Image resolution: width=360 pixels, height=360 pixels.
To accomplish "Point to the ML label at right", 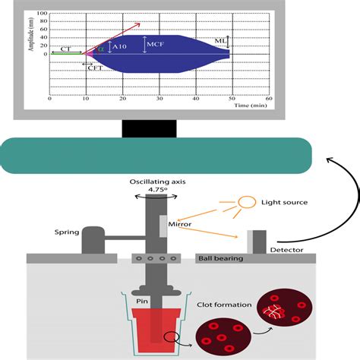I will pos(219,41).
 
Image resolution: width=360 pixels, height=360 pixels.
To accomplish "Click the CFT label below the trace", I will pos(96,67).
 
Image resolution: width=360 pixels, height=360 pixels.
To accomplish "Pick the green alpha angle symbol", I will pos(101,49).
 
